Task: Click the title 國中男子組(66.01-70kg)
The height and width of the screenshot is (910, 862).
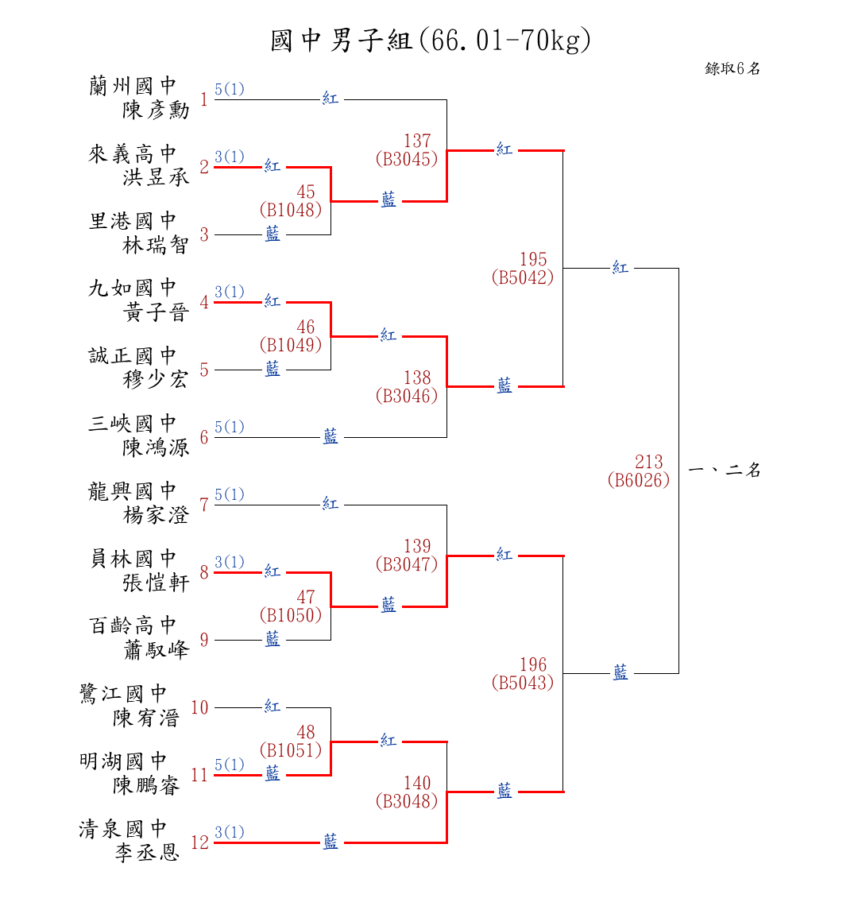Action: tap(431, 41)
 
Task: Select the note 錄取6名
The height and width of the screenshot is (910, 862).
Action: tap(733, 69)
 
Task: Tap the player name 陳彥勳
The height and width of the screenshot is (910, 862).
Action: tap(156, 110)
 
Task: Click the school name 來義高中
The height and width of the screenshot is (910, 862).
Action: tap(132, 153)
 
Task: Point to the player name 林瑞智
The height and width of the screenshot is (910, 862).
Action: tap(156, 245)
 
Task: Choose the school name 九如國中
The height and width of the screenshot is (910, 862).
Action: tap(132, 288)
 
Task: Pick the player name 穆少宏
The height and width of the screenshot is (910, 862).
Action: tap(156, 380)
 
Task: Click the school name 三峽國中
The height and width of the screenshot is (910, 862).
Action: tap(132, 424)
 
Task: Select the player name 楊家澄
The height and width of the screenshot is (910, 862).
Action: tap(156, 515)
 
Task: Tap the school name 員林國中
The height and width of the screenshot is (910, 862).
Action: tap(132, 559)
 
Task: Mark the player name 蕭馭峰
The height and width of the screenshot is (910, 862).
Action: tap(156, 650)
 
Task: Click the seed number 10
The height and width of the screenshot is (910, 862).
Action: tap(199, 707)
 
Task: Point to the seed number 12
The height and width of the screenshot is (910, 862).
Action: tap(199, 842)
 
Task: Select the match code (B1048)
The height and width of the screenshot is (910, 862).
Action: tap(291, 210)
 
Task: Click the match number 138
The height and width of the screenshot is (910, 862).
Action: tap(417, 378)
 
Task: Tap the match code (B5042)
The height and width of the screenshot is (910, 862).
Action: tap(523, 277)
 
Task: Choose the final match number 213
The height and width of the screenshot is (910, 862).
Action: tap(649, 462)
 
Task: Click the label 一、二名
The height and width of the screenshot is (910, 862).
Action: tap(725, 470)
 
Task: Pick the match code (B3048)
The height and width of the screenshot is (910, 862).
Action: tap(407, 801)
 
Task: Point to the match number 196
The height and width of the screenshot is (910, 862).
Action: tap(533, 664)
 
